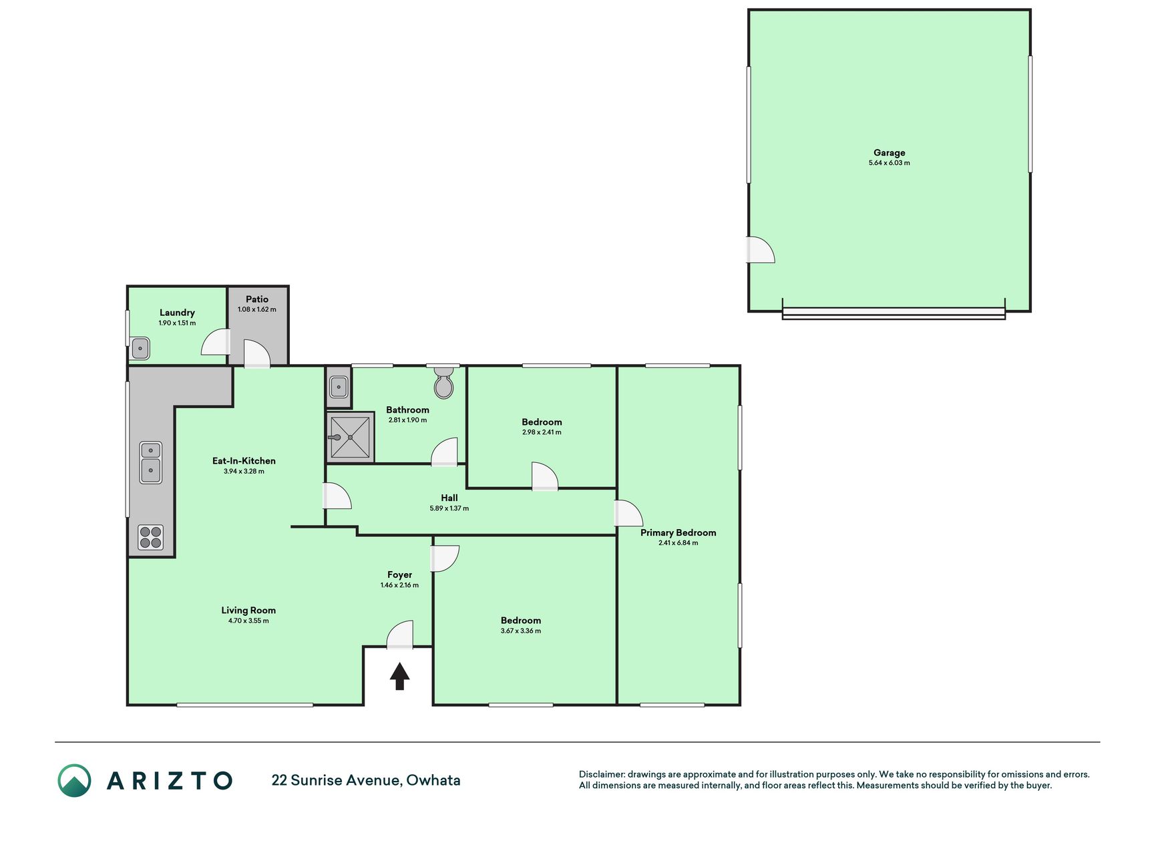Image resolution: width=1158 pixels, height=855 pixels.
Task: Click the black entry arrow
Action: coord(399,676)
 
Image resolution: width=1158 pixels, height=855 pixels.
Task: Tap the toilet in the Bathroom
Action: coord(443,382)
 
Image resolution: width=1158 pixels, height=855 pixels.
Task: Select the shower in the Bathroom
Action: coord(350,438)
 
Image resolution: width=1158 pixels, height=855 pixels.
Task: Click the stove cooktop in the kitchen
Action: coord(151,538)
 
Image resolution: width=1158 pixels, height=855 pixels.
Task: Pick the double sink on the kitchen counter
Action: coord(151,462)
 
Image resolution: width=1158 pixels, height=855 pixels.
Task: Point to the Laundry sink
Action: coord(140,348)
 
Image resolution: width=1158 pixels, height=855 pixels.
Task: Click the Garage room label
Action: coord(889,152)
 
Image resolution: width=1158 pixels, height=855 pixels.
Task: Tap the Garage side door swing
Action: coord(761,250)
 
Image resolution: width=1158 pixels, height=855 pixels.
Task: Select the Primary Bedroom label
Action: coord(678,532)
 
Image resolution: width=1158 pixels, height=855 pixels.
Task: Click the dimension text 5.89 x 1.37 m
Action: coord(449,508)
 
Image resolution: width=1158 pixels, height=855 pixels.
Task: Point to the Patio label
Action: coord(257,299)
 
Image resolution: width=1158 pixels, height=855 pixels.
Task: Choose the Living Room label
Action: coord(248,610)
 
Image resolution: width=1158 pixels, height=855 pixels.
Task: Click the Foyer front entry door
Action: coord(400,635)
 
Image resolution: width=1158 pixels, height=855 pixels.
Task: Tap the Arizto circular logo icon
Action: coord(74,780)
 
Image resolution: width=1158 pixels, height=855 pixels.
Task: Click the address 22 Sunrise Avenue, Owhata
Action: coord(366,780)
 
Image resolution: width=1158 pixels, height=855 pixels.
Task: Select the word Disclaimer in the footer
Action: coord(602,774)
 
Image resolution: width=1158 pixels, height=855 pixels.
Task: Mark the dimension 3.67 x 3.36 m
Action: coord(521,631)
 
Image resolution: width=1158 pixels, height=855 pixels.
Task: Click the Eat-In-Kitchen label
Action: coord(244,460)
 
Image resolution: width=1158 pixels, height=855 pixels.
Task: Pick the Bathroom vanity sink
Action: coord(339,387)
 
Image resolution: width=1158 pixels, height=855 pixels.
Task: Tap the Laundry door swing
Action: coord(215,341)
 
